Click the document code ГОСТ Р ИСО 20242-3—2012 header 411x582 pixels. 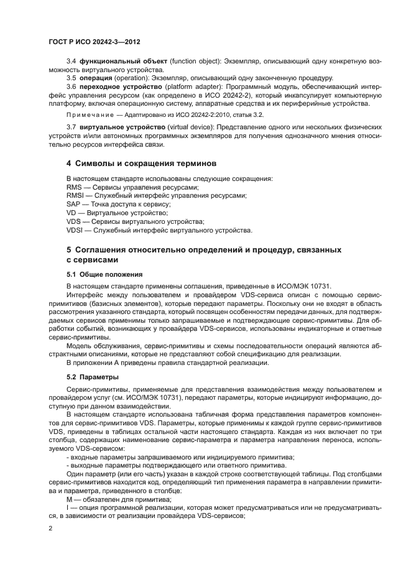coord(94,42)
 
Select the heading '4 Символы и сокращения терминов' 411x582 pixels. coord(141,164)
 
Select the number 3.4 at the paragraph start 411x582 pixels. coord(72,62)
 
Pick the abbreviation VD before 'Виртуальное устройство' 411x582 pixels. coord(72,213)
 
